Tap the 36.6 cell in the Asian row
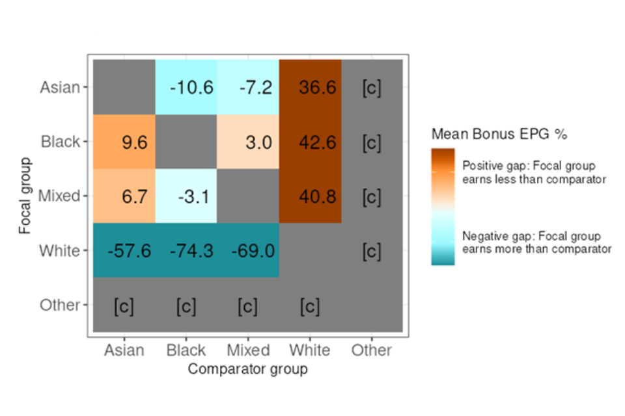pyautogui.click(x=310, y=87)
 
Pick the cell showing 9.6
pyautogui.click(x=124, y=142)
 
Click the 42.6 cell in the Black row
pyautogui.click(x=310, y=142)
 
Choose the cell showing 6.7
pyautogui.click(x=124, y=196)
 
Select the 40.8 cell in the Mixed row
pyautogui.click(x=310, y=196)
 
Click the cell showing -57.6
pyautogui.click(x=124, y=250)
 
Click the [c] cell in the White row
pyautogui.click(x=372, y=250)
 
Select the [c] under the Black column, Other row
pyautogui.click(x=186, y=305)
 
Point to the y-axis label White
pyautogui.click(x=60, y=250)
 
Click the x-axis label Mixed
pyautogui.click(x=248, y=350)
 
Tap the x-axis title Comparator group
pyautogui.click(x=247, y=369)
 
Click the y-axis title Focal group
pyautogui.click(x=25, y=196)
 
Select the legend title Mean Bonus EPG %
pyautogui.click(x=499, y=135)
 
